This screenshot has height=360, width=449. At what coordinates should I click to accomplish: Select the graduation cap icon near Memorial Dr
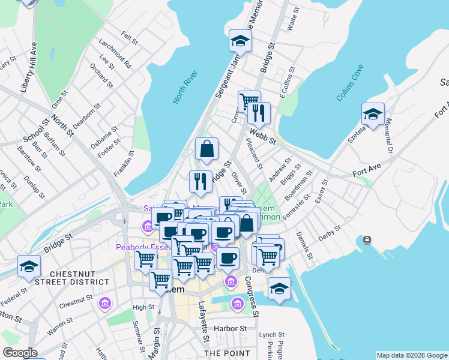click(x=373, y=115)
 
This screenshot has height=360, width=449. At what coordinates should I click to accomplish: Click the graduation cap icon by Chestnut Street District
click(x=29, y=266)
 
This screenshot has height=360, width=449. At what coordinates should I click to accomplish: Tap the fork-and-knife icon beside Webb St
click(x=259, y=112)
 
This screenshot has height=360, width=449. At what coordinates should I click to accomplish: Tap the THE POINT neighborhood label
click(x=227, y=353)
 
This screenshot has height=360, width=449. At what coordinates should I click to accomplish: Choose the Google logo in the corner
click(x=20, y=353)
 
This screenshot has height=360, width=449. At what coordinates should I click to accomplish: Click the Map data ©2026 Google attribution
click(x=412, y=355)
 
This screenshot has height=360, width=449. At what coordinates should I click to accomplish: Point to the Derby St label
click(x=330, y=234)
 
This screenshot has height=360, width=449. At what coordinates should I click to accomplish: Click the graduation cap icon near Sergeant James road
click(x=240, y=41)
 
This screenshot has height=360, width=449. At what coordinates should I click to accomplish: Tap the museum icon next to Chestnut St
click(x=106, y=304)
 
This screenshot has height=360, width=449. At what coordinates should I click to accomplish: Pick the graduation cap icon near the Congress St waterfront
click(x=279, y=289)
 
